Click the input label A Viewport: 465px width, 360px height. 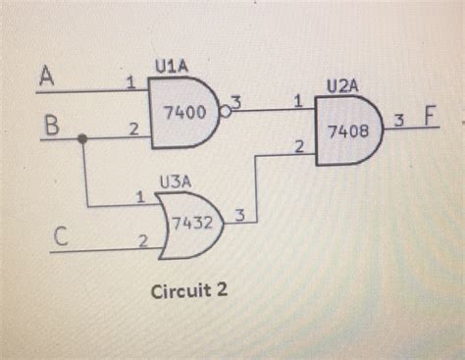point(46,75)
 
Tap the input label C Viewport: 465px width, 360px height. point(60,235)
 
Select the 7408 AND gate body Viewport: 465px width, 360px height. point(347,129)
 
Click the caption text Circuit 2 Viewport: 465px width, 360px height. point(187,291)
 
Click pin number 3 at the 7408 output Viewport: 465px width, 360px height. point(399,120)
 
